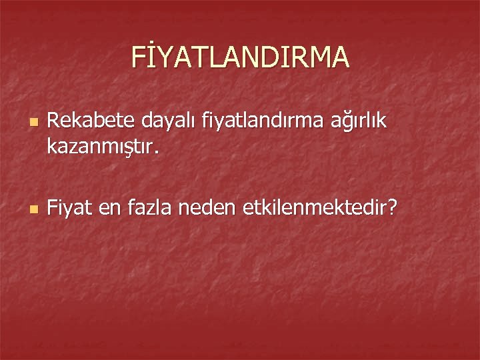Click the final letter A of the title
(x=337, y=57)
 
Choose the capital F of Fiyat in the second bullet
(x=53, y=208)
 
